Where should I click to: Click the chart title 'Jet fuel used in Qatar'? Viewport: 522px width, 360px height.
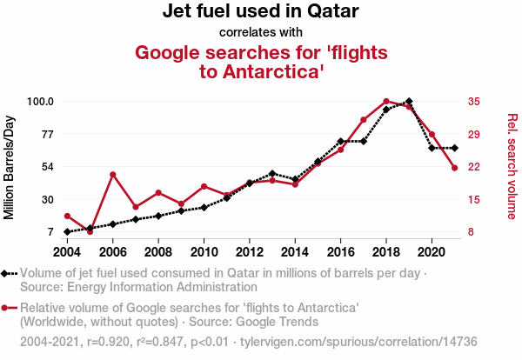[x=261, y=12]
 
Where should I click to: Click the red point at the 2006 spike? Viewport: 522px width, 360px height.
[x=113, y=175]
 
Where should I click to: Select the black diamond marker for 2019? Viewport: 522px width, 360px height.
[x=409, y=102]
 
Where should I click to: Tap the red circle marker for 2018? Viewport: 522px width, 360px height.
[x=386, y=102]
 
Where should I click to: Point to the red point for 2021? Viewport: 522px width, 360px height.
[x=454, y=168]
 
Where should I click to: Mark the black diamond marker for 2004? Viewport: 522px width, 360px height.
[x=67, y=232]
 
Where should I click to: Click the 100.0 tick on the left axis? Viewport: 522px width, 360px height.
[x=40, y=102]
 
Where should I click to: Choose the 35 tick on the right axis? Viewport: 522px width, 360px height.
[x=473, y=102]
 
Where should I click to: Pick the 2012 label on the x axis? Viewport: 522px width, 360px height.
[x=250, y=252]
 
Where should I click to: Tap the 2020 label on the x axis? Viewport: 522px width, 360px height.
[x=432, y=252]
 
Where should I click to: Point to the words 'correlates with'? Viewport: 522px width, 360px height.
[x=261, y=33]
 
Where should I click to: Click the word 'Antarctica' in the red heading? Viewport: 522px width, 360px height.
[x=271, y=71]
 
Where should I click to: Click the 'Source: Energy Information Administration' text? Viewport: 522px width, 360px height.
[x=138, y=286]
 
